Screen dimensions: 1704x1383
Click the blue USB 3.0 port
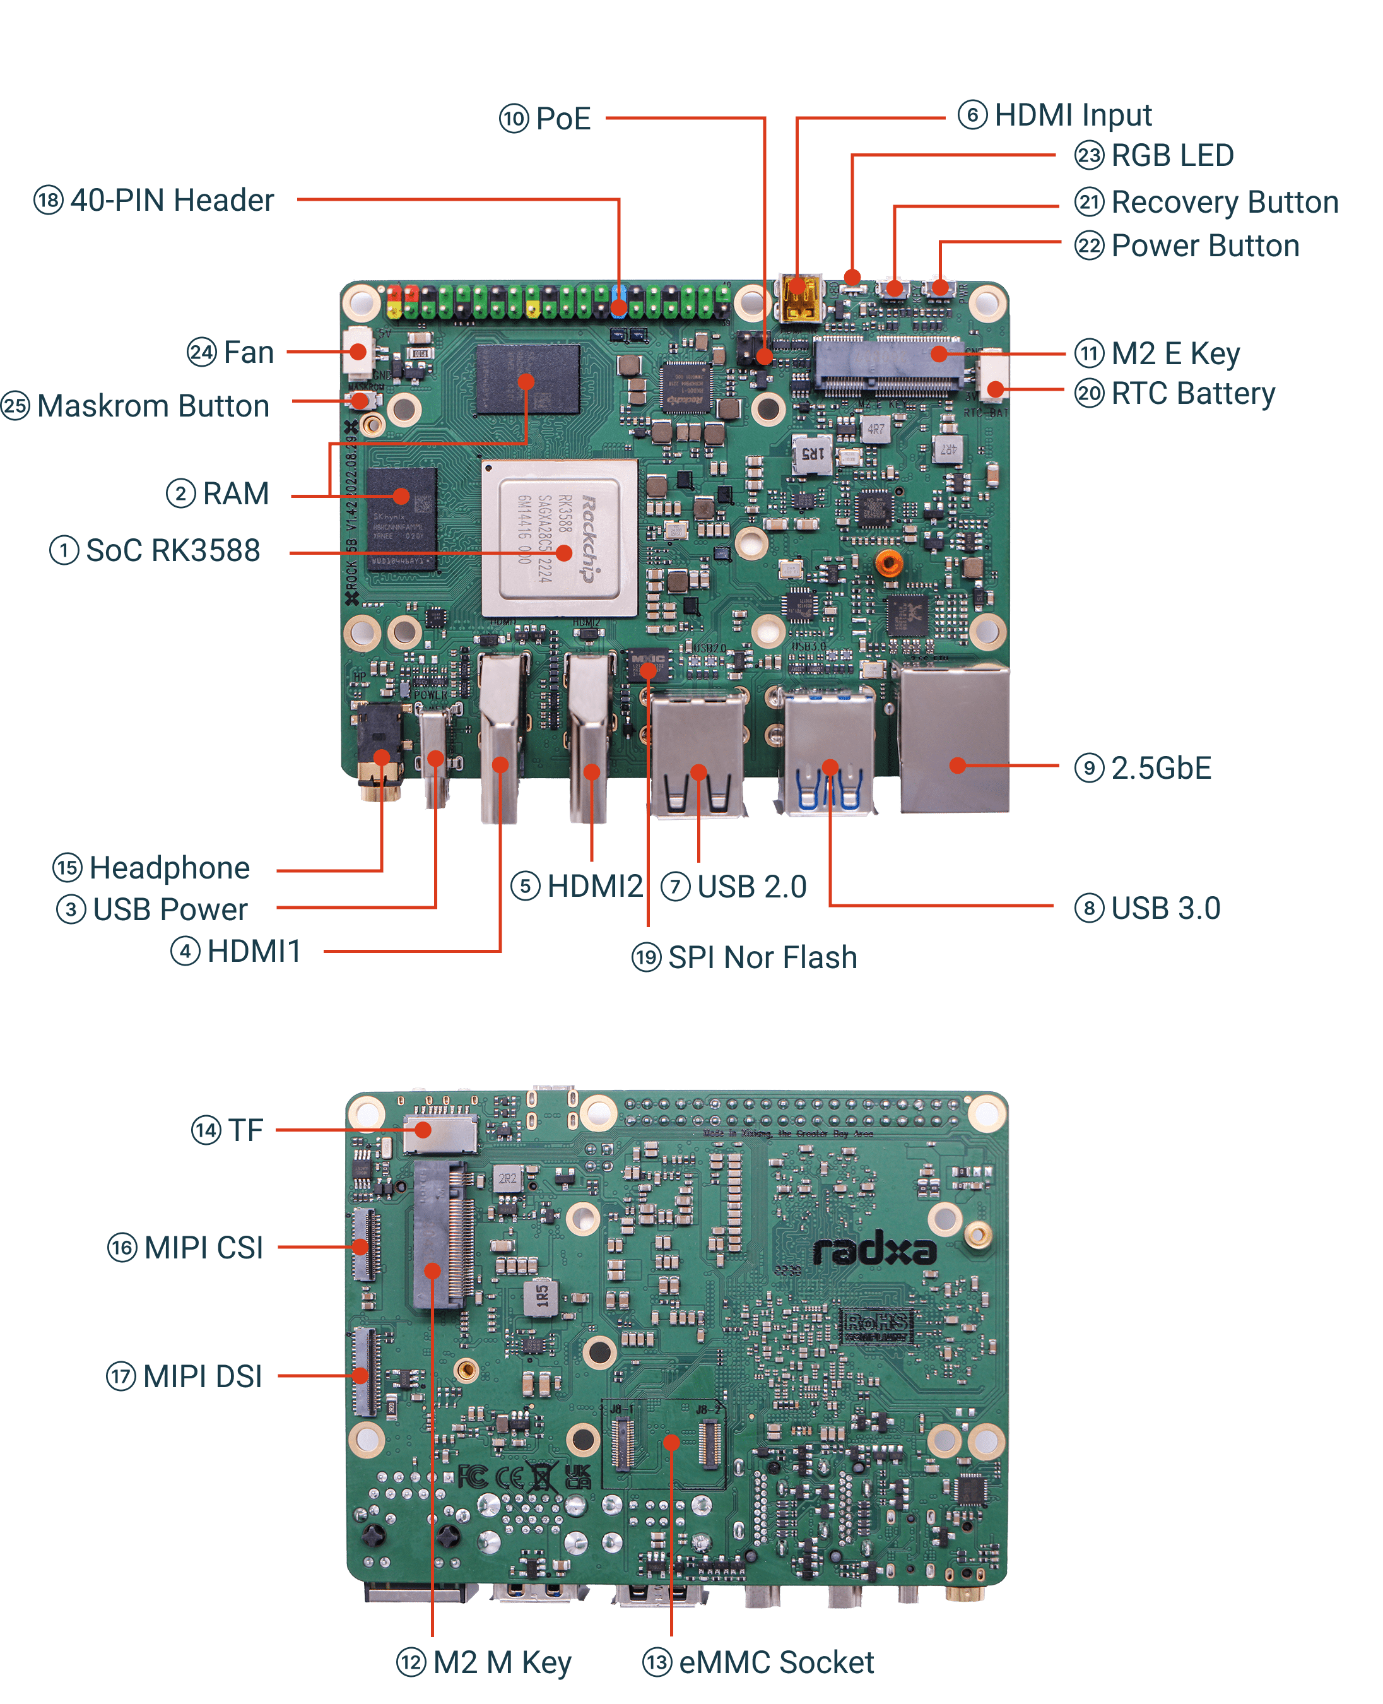(x=828, y=753)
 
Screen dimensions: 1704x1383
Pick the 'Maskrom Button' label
(x=153, y=406)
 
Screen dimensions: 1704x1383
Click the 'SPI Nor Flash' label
(x=762, y=957)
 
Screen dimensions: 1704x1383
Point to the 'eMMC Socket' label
(x=776, y=1662)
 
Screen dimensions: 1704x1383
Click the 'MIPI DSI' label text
(x=203, y=1376)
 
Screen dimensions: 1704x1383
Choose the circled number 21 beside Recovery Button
(x=1088, y=203)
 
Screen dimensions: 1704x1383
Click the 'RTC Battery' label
(x=1192, y=394)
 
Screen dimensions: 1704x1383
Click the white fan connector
(x=358, y=352)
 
